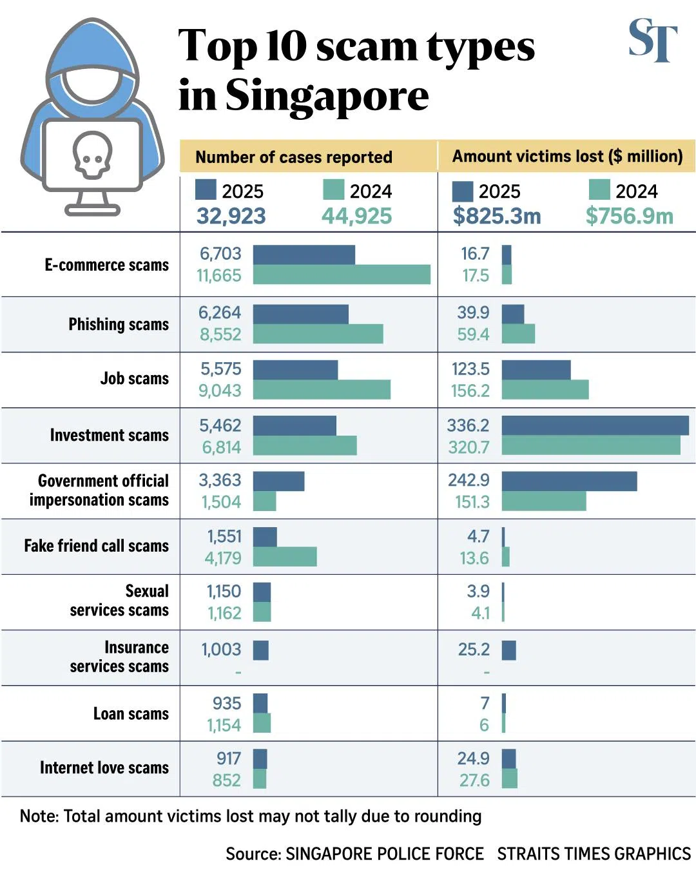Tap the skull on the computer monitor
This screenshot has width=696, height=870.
pos(92,155)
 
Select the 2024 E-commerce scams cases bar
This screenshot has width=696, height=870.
pos(342,275)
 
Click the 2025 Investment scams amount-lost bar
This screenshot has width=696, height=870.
pos(595,425)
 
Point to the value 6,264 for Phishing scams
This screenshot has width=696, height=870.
pos(220,313)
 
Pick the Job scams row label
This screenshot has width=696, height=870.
pos(134,379)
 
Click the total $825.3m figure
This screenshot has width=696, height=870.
pos(497,216)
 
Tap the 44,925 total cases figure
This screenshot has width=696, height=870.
pos(356,216)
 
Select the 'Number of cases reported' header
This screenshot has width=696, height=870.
pos(294,157)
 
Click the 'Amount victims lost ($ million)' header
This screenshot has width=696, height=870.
pos(567,157)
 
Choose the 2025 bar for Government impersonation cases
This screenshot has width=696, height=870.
pos(278,481)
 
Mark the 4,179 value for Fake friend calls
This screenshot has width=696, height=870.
pos(223,558)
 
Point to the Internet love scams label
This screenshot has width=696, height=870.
pos(104,768)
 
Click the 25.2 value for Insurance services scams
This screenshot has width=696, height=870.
pos(474,650)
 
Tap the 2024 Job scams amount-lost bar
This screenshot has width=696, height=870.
pos(545,390)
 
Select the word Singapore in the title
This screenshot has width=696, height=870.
pos(327,96)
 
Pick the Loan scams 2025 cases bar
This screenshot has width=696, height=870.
pos(260,703)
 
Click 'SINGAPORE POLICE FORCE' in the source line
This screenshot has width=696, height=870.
pos(384,854)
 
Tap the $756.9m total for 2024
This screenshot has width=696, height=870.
pos(629,216)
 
